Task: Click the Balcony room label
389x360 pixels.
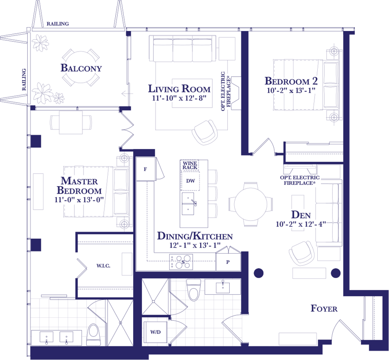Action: point(81,68)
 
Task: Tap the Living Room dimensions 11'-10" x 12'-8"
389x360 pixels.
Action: point(179,98)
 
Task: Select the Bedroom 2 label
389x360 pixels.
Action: point(291,81)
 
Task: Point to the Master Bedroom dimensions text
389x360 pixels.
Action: point(79,200)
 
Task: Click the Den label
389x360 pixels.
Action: point(301,215)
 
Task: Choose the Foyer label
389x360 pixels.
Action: point(324,308)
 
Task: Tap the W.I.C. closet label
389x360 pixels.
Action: point(103,266)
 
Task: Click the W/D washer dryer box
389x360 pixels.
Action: point(156,332)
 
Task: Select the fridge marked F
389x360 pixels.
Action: point(146,169)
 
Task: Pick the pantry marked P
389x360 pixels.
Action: point(228,262)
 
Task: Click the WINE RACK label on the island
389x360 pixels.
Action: point(190,165)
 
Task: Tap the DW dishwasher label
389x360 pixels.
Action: point(191,181)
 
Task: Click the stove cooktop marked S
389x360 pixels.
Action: point(181,262)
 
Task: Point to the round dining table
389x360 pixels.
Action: point(251,204)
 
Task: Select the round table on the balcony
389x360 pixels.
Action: point(81,67)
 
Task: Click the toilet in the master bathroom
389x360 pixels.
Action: point(94,334)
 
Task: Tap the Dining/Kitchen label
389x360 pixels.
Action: point(195,236)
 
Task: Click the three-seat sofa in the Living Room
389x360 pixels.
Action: point(183,49)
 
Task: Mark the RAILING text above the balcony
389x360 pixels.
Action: point(58,24)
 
